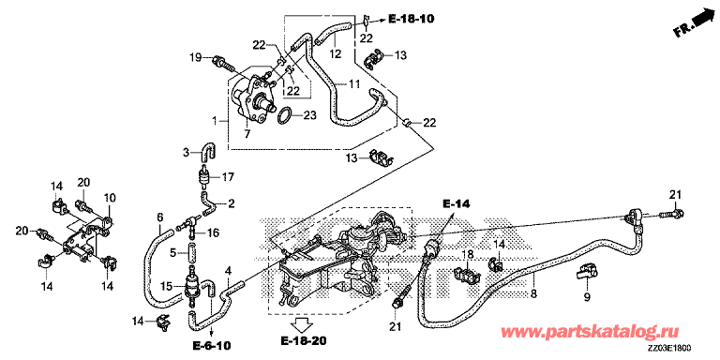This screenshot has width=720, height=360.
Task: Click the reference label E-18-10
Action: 411,19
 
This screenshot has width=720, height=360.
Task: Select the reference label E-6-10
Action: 212,345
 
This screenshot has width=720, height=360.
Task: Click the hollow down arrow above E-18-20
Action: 303,325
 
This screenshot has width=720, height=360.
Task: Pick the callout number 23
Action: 310,115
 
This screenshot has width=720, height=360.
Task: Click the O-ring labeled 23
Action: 285,116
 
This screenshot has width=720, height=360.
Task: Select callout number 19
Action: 197,57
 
